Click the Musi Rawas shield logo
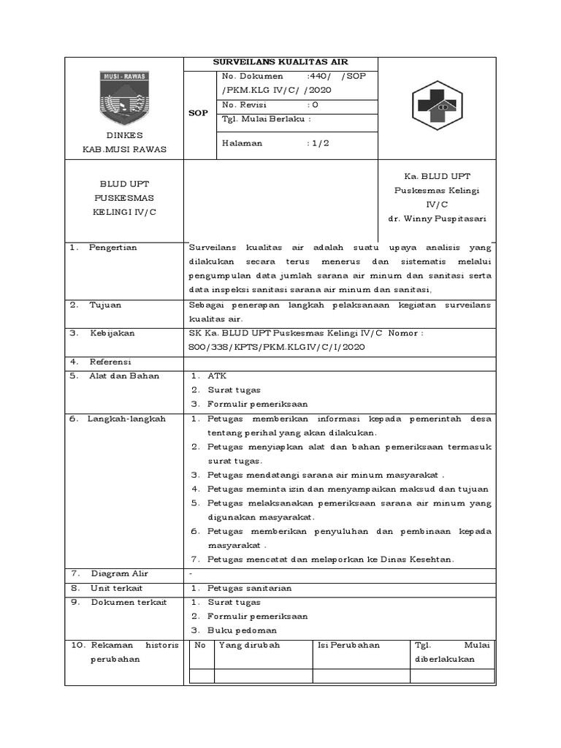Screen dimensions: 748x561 123,98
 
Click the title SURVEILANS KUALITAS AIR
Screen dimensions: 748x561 281,64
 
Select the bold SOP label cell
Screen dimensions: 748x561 199,113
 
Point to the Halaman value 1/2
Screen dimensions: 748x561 318,143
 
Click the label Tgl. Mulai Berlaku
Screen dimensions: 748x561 266,118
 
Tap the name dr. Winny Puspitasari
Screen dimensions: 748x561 437,218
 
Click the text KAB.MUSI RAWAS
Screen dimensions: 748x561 123,149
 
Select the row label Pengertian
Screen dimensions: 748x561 112,248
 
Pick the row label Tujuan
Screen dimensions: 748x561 106,305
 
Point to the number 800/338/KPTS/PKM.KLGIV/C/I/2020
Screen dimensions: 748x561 276,347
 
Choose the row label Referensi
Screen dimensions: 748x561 110,362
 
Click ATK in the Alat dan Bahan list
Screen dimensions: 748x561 217,375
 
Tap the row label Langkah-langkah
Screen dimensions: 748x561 127,419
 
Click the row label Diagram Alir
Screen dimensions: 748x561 119,573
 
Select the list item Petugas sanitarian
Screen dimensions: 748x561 249,588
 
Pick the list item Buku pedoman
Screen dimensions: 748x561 242,630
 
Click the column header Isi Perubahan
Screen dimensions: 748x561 349,645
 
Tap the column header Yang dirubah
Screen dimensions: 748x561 249,645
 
